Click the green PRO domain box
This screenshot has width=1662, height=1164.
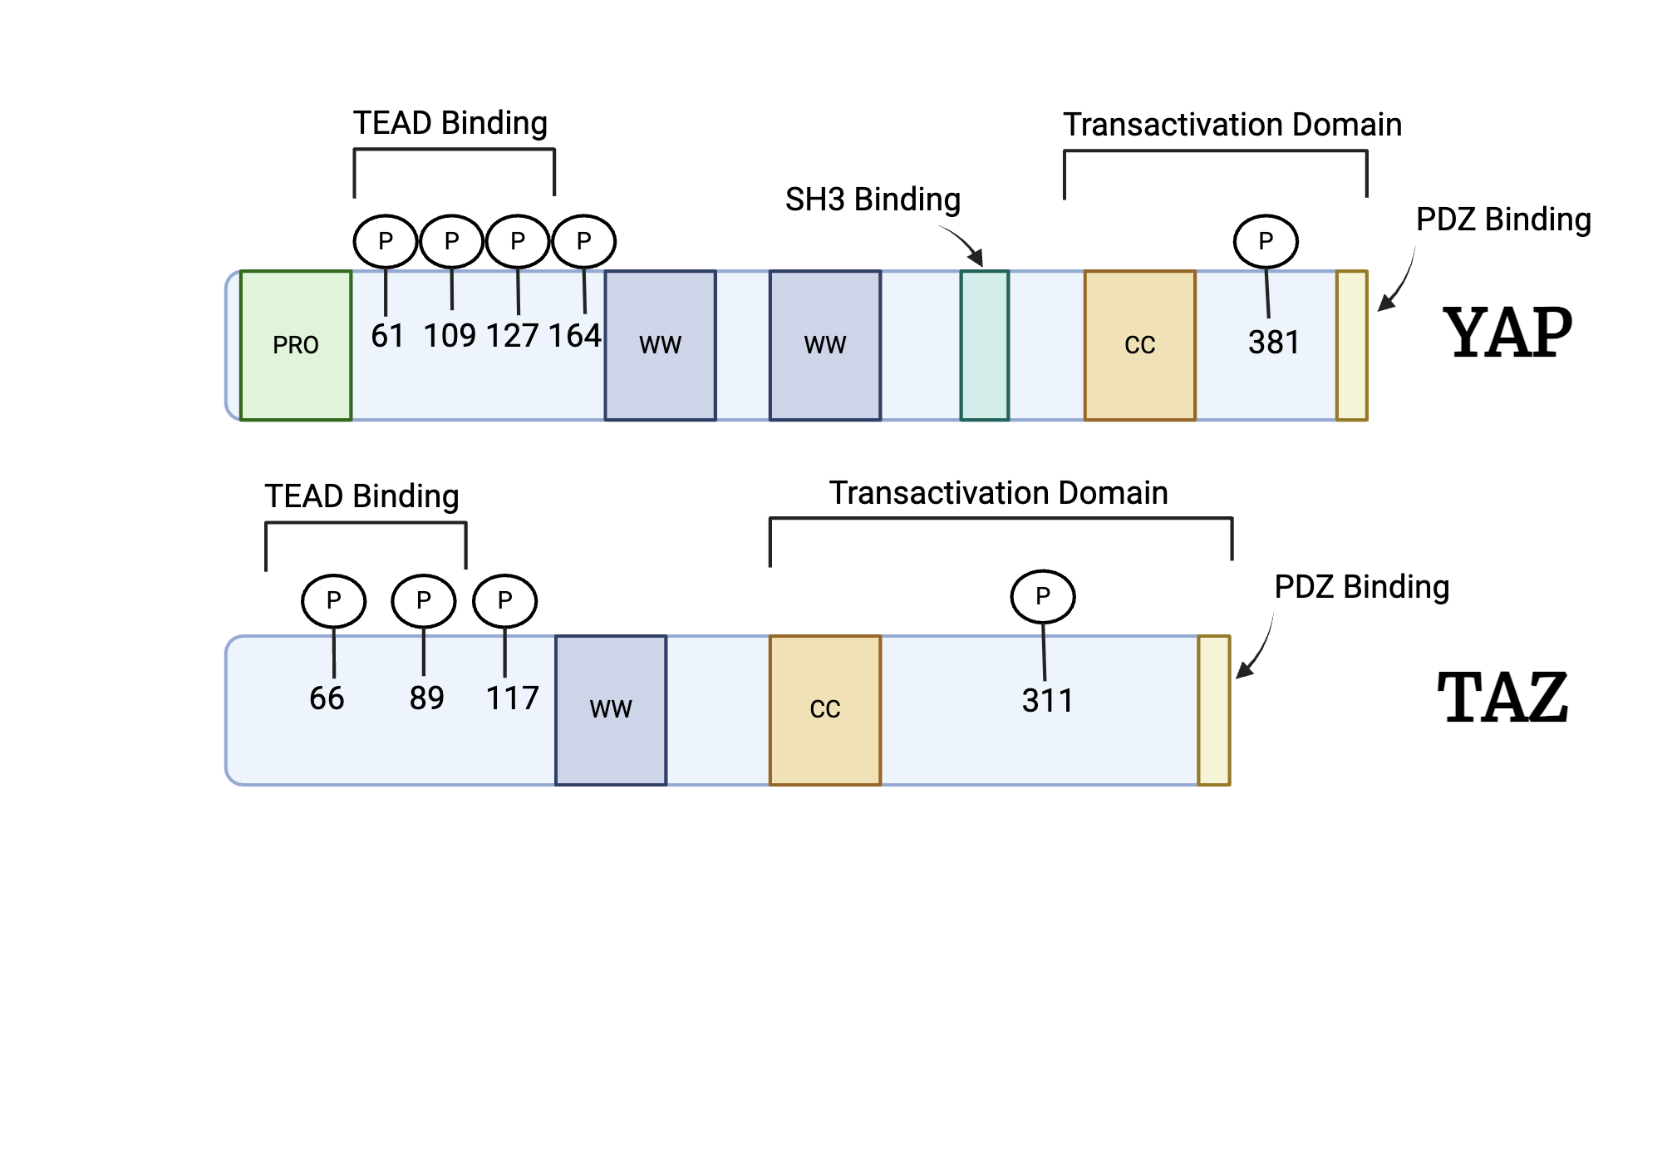[x=296, y=345]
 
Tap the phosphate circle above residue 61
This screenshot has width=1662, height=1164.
[x=386, y=241]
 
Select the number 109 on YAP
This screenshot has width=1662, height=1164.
[x=450, y=336]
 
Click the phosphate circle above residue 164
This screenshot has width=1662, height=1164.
[x=584, y=241]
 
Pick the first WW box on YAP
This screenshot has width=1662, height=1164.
[x=660, y=345]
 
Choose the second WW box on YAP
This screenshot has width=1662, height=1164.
[x=824, y=345]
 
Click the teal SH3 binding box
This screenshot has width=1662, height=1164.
[x=985, y=345]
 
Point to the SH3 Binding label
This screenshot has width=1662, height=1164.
[x=873, y=200]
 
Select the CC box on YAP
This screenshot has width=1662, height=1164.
[x=1139, y=345]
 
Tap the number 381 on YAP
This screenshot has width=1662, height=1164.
[x=1273, y=343]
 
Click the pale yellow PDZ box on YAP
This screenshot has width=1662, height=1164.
[x=1351, y=345]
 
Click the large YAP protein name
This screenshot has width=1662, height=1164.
[x=1507, y=333]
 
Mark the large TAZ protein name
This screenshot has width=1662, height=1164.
[x=1502, y=698]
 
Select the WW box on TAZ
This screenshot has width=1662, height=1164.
[x=611, y=710]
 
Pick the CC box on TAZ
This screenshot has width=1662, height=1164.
[x=824, y=710]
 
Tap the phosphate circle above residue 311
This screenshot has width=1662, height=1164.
[x=1043, y=596]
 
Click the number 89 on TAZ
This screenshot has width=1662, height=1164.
[x=426, y=698]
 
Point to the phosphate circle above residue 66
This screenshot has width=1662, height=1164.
[x=334, y=600]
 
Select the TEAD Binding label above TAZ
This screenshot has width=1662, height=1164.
[x=361, y=496]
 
